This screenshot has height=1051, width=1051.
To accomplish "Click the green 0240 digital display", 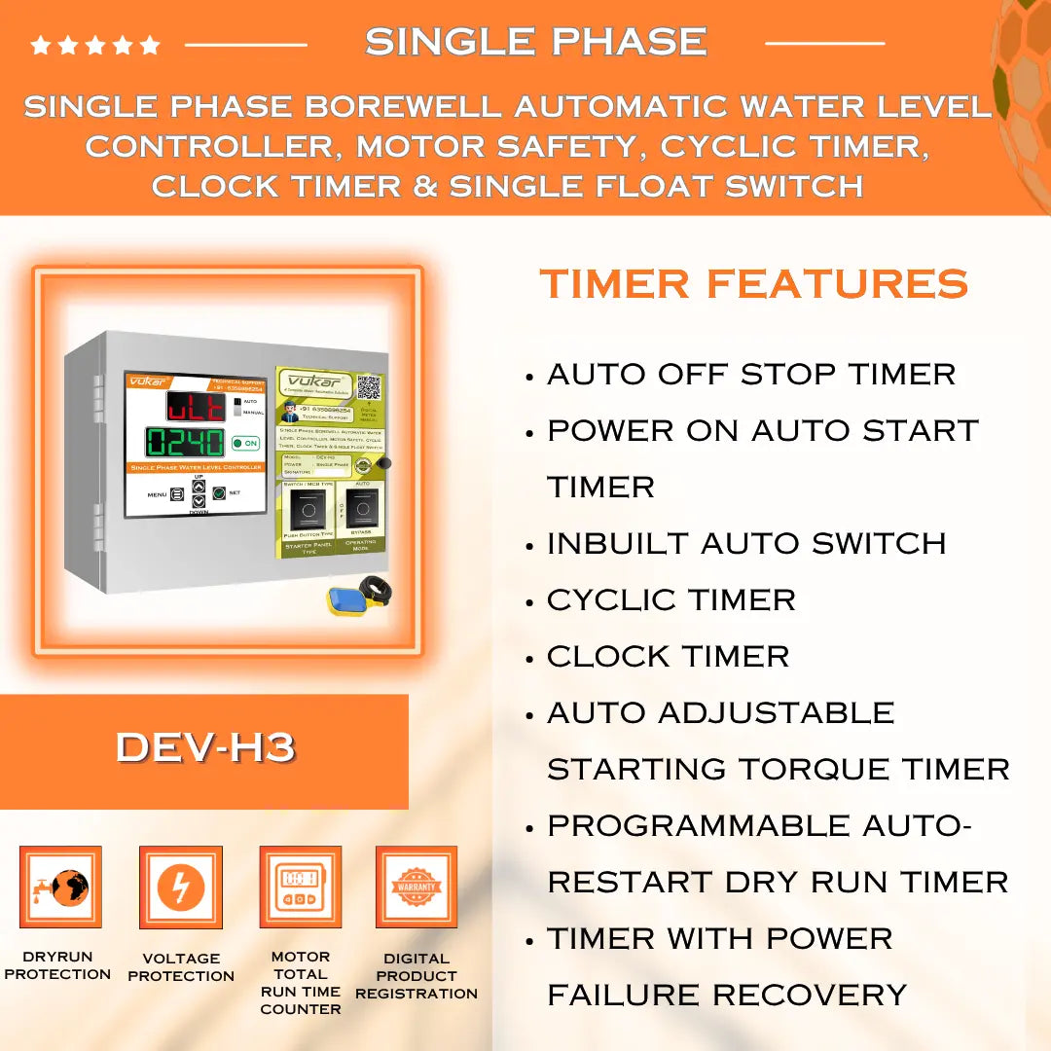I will [x=186, y=443].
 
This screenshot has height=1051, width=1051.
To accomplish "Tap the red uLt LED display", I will [x=196, y=406].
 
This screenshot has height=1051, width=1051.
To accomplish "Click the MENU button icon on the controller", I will [x=177, y=494].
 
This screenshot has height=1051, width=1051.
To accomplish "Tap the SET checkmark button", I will [x=219, y=493].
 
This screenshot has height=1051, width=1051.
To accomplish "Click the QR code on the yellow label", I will [x=368, y=387].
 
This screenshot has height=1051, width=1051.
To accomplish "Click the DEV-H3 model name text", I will [x=204, y=747].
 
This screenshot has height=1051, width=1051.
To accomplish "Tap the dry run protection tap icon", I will [x=60, y=887].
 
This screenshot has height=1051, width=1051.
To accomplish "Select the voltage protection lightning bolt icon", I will [x=180, y=887].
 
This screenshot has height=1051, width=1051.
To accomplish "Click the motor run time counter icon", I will [x=300, y=887].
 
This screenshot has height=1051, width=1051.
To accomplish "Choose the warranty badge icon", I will [x=417, y=887].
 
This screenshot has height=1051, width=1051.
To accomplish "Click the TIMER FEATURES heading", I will [x=753, y=284].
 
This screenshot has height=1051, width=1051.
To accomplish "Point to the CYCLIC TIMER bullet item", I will [x=670, y=599].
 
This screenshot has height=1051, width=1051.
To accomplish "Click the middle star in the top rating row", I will [x=95, y=45].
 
